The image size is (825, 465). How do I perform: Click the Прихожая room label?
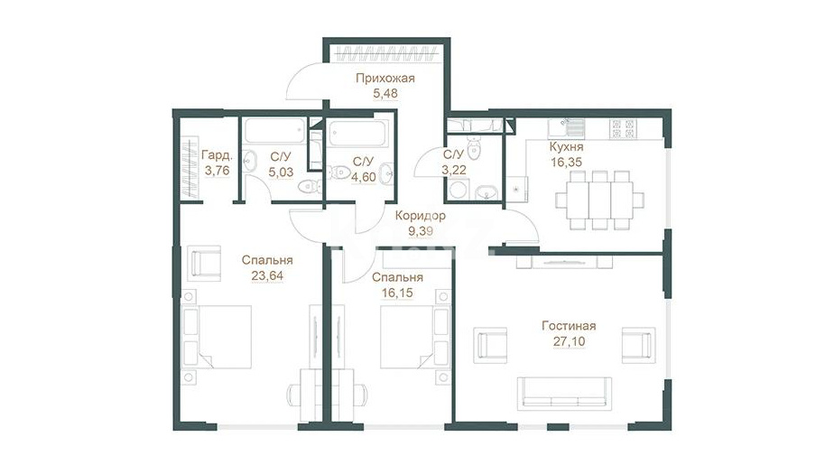(x=385, y=79)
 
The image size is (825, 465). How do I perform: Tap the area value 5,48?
(x=385, y=94)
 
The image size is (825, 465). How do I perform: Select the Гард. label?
(x=217, y=155)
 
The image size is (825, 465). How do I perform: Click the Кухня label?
(x=566, y=147)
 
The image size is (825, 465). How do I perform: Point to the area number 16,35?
(x=566, y=162)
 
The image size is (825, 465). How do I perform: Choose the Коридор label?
(x=421, y=215)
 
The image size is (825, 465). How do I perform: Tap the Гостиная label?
(x=569, y=326)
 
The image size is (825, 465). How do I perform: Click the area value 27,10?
(x=569, y=341)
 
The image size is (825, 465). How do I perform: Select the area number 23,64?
(x=267, y=275)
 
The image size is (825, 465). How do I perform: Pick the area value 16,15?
(x=397, y=293)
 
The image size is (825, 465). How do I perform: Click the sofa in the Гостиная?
(x=564, y=394)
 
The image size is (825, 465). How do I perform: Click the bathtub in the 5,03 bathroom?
(x=274, y=131)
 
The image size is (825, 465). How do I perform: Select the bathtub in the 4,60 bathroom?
(x=357, y=134)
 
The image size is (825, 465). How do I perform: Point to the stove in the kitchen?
(x=623, y=127)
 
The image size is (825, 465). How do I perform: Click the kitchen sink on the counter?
(x=566, y=126)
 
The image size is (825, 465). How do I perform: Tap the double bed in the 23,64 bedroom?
(x=217, y=337)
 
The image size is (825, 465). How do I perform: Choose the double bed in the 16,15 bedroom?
(x=415, y=337)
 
